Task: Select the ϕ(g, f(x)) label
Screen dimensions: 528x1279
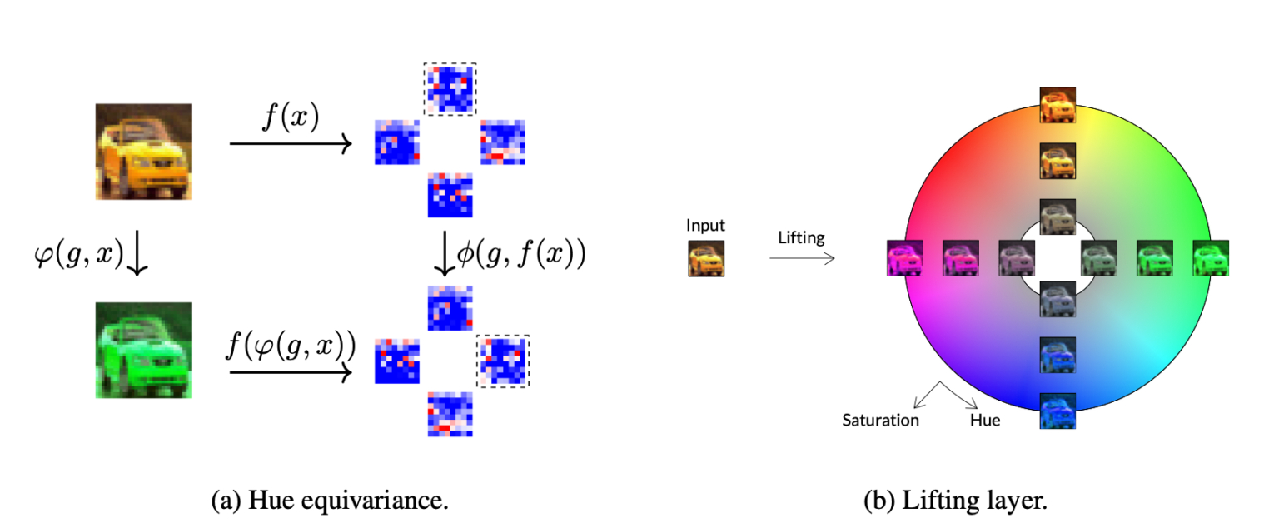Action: tap(521, 253)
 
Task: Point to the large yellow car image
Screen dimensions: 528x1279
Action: tap(144, 152)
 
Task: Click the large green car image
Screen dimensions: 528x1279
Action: tap(144, 350)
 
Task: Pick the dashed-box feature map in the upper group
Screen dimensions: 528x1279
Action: tap(450, 88)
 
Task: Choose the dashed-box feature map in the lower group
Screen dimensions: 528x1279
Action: tap(502, 360)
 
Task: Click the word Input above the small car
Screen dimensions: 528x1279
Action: tap(705, 225)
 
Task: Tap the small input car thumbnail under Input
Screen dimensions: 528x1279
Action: tap(706, 258)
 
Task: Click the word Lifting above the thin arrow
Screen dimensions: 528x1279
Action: tap(801, 237)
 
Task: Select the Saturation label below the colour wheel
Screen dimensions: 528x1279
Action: tap(880, 420)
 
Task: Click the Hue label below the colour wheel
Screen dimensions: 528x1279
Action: tap(985, 420)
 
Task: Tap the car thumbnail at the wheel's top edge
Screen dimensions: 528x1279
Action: tap(1058, 105)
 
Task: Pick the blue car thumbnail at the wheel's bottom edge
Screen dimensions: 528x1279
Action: tap(1058, 411)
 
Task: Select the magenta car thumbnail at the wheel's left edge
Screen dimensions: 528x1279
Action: tap(905, 258)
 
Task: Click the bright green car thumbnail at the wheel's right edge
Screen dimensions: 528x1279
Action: tap(1211, 258)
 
